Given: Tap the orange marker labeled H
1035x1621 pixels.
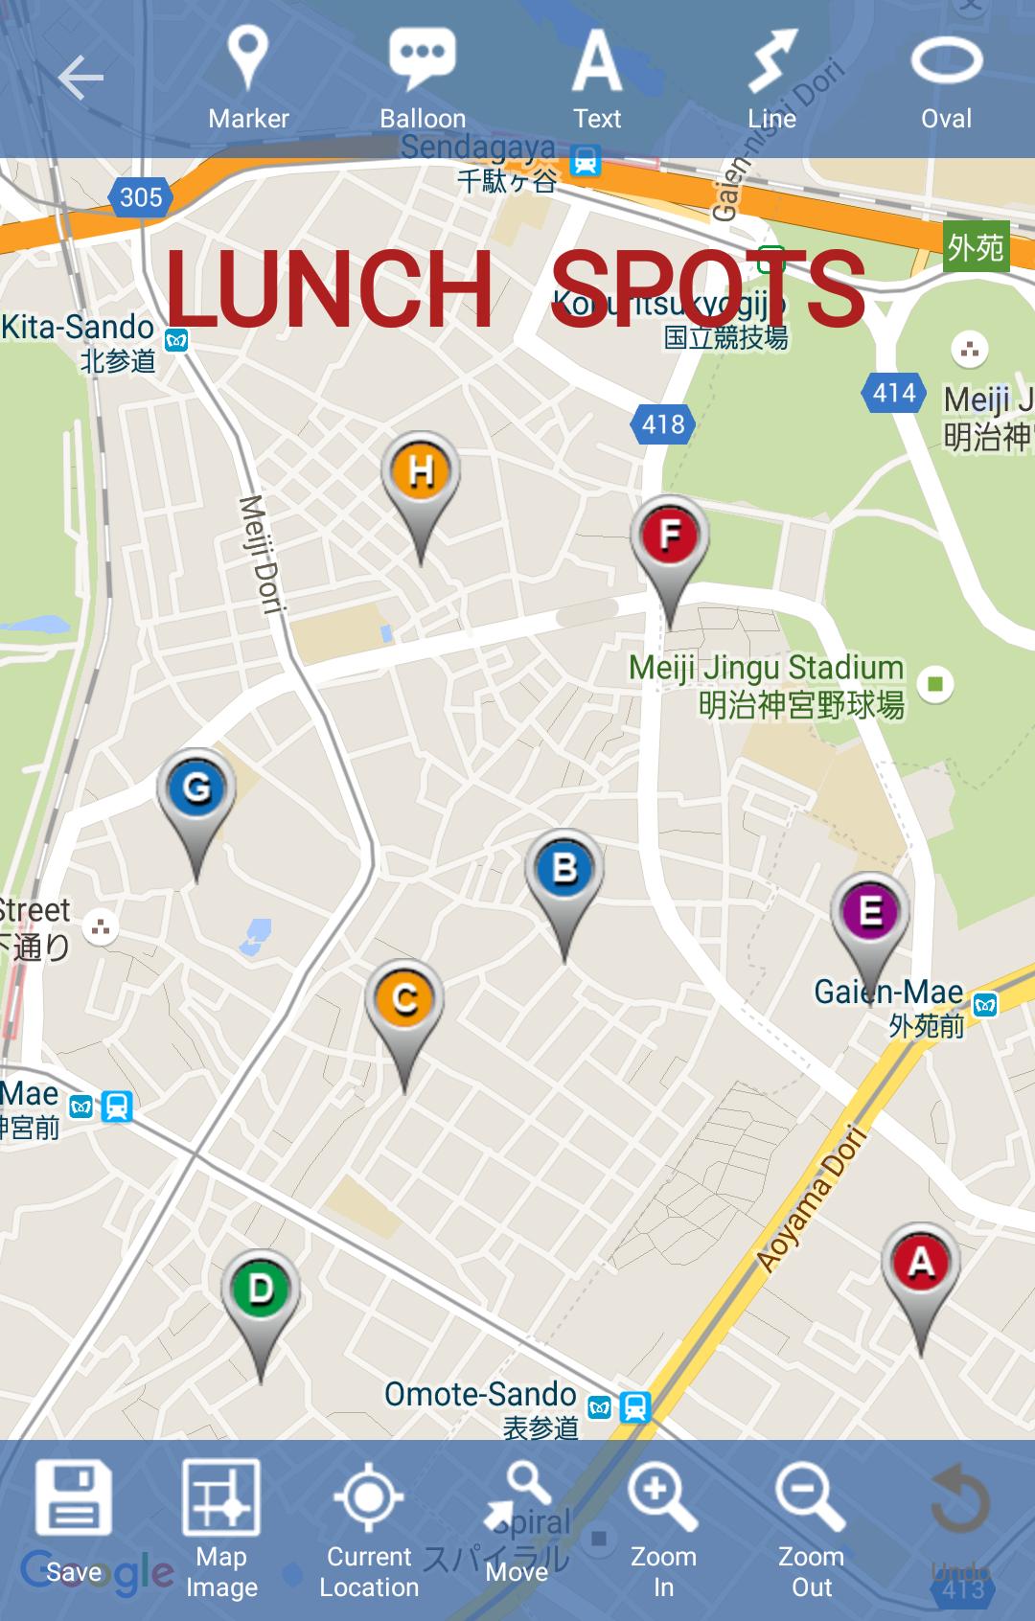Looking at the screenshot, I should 421,473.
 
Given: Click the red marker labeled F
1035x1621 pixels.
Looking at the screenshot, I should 670,535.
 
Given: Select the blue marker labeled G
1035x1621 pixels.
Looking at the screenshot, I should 196,789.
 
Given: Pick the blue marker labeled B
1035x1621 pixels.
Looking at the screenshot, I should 564,870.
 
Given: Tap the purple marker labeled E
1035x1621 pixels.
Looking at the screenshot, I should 870,911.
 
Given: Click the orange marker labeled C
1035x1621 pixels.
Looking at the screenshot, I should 404,1000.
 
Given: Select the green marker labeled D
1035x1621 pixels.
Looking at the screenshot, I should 261,1290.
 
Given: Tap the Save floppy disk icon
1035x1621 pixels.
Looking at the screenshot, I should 74,1499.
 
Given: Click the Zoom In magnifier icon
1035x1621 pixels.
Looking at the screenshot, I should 662,1499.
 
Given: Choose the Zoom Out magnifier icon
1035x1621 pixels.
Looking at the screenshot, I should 811,1499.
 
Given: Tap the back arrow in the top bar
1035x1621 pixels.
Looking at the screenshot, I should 80,78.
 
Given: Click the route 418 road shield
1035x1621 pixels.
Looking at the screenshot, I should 663,423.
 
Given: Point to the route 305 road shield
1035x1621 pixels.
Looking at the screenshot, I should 141,197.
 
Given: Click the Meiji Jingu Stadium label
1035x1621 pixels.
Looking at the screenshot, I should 767,669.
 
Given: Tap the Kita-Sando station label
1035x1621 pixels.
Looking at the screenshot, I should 79,328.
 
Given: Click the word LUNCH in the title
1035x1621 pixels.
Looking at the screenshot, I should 328,288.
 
